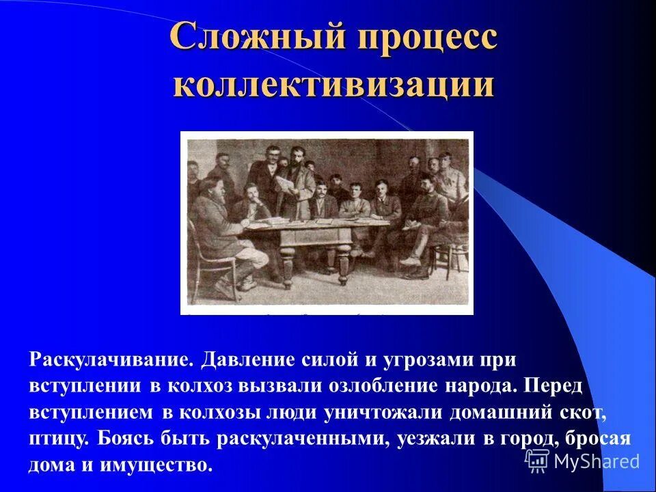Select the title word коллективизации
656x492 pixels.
tap(333, 85)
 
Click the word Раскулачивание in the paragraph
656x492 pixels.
tap(109, 359)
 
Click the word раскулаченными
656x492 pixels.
tap(302, 439)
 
